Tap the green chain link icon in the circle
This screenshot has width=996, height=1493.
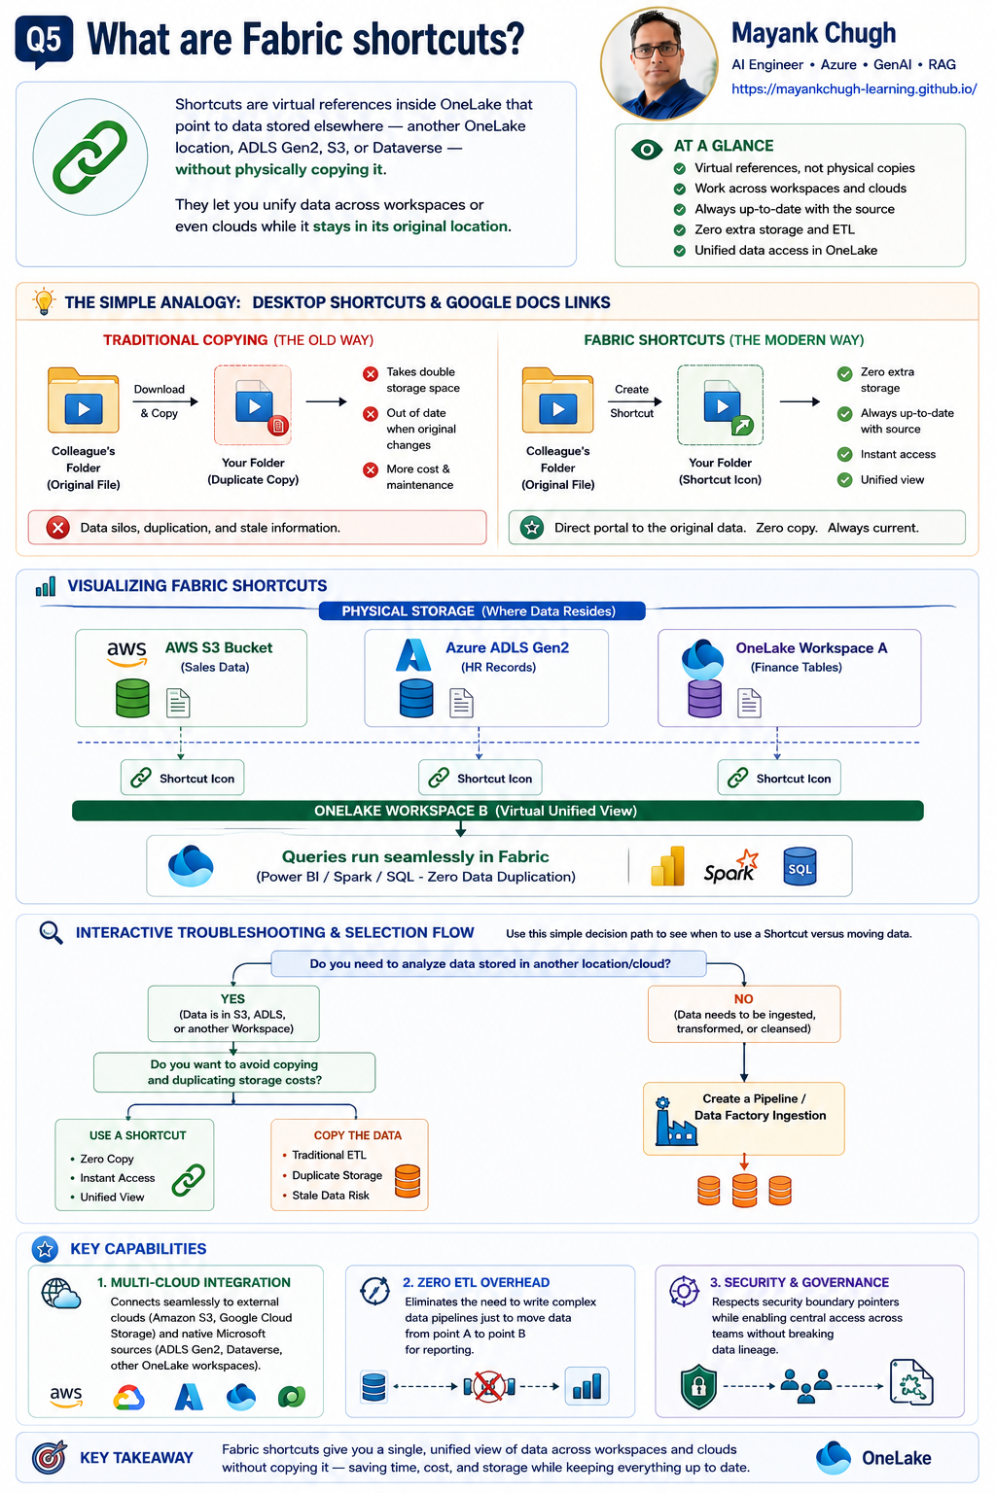(x=90, y=157)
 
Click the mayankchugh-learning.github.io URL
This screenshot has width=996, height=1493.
(x=854, y=88)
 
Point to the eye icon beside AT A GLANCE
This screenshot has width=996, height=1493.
(x=647, y=150)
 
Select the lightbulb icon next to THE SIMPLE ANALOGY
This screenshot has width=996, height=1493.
(x=44, y=301)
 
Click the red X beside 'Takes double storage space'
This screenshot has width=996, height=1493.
(x=371, y=374)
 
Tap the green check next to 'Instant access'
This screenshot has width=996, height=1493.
(x=844, y=455)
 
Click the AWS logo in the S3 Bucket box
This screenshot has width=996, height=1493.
(x=126, y=652)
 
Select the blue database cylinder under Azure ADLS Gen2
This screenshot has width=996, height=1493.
(x=416, y=698)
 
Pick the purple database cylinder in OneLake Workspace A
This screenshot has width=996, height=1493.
(x=704, y=698)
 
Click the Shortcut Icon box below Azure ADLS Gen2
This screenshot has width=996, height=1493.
(x=480, y=778)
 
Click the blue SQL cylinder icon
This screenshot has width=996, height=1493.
(x=800, y=866)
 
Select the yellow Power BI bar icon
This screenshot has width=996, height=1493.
(x=668, y=866)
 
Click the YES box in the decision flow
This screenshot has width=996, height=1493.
(x=233, y=1013)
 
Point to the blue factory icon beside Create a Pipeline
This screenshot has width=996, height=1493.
(x=674, y=1122)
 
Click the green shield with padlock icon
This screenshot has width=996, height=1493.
(x=698, y=1388)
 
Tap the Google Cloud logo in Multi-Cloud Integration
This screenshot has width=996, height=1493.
(x=128, y=1397)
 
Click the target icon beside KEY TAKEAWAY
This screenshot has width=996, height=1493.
(x=50, y=1457)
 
